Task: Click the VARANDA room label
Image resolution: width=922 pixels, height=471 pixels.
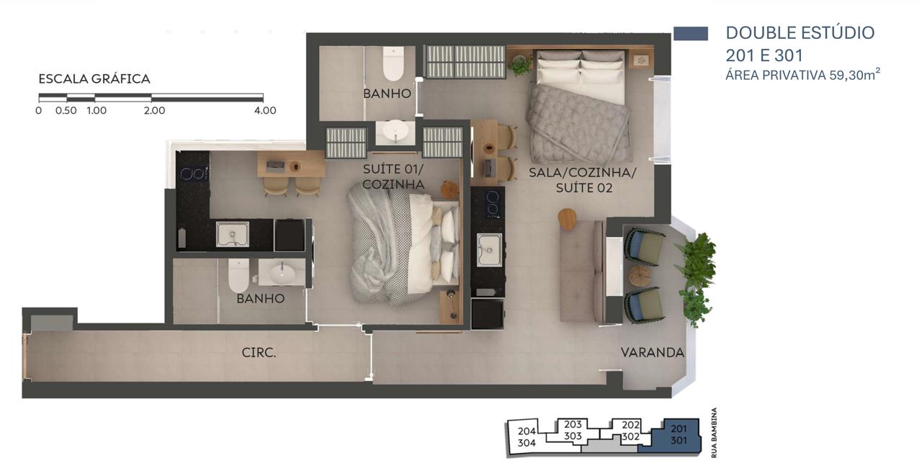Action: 653,352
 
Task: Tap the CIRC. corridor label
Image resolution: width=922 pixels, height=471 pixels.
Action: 259,352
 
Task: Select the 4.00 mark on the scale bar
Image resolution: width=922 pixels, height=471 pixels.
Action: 265,110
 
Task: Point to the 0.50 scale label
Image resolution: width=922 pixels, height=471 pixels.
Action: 66,110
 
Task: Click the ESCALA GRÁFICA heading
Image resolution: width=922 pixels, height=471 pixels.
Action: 94,78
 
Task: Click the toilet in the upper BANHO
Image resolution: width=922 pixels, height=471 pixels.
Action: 393,63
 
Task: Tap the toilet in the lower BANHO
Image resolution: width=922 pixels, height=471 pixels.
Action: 238,275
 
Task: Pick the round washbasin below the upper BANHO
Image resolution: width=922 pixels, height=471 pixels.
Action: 395,131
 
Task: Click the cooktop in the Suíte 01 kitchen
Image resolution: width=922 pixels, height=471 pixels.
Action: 192,174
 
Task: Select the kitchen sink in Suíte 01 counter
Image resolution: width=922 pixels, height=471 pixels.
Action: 233,234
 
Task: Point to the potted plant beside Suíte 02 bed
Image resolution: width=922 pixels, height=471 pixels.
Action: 519,65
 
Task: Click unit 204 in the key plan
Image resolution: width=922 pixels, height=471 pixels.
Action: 527,437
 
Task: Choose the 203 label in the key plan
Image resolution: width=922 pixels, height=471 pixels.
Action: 573,424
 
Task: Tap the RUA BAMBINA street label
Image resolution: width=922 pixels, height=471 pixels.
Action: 714,432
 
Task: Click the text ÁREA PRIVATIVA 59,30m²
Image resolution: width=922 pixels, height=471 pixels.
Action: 802,75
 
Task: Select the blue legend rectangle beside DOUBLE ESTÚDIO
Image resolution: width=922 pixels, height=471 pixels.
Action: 691,34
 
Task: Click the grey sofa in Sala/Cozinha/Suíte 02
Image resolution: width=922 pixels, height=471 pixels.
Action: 582,271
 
